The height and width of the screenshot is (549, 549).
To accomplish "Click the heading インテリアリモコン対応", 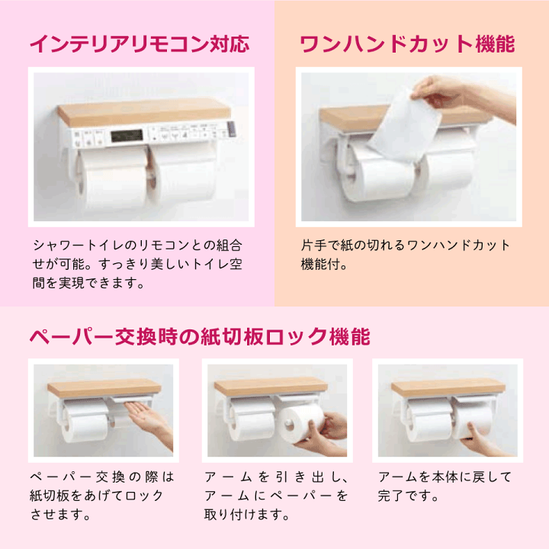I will [139, 43].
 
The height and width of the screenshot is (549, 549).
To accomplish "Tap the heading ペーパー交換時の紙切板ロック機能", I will [199, 335].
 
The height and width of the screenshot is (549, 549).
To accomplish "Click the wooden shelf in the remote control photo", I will [143, 112].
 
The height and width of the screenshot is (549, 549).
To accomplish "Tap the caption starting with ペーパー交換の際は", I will [102, 495].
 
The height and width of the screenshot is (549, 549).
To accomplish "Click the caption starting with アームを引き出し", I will [276, 495].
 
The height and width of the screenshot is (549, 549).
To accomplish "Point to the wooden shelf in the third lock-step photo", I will [448, 388].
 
